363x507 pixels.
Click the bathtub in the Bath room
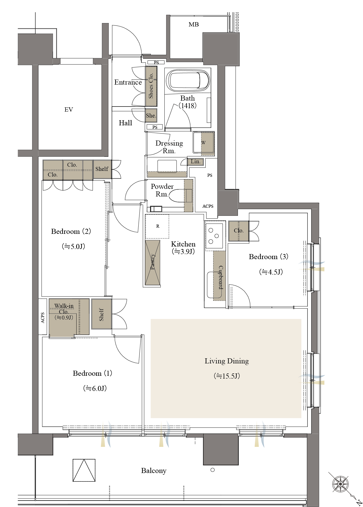(188, 81)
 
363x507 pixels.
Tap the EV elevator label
(69, 110)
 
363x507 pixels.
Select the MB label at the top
(194, 24)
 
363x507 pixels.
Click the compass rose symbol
(340, 484)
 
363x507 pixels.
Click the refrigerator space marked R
(157, 226)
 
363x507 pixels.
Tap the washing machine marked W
(204, 143)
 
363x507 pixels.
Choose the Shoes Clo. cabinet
(151, 86)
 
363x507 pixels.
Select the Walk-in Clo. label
(64, 309)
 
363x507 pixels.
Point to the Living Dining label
(227, 361)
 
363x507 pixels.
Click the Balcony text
(154, 471)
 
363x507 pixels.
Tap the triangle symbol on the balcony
(84, 470)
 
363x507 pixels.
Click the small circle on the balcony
(213, 470)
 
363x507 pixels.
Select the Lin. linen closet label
(196, 162)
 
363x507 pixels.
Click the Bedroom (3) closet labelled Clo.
(239, 231)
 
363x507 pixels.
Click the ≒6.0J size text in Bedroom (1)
(95, 389)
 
